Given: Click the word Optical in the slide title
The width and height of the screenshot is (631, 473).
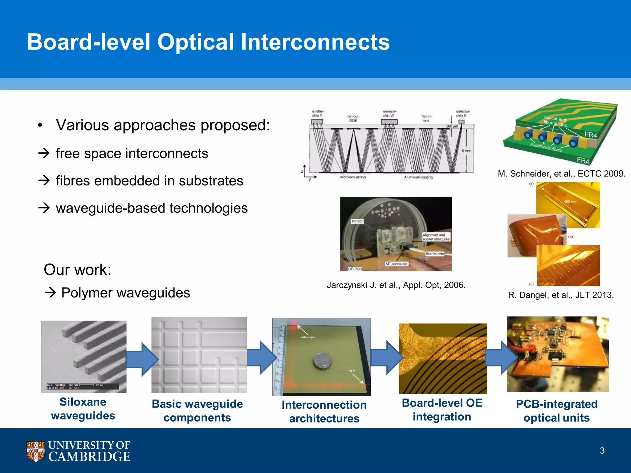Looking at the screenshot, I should pos(196,42).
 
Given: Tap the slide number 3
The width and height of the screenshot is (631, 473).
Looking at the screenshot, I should pos(602,451).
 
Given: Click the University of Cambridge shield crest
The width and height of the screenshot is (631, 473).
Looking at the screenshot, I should pos(35,451).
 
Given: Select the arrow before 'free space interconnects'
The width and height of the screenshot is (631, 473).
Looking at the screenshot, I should pos(44,153).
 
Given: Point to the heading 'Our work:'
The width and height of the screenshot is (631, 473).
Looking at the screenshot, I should pos(77,269).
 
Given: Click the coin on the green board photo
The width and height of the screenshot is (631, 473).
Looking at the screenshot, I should pos(322,361).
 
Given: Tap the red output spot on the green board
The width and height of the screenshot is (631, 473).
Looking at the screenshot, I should pos(293,323).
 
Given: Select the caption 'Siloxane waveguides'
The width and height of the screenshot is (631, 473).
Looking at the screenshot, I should pos(83,409).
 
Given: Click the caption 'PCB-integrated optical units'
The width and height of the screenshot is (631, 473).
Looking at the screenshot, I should pos(556,411).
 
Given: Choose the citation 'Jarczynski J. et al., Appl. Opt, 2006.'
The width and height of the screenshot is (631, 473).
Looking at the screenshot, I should pos(396,285).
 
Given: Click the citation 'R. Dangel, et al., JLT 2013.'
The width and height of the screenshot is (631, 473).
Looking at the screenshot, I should pos(561,295).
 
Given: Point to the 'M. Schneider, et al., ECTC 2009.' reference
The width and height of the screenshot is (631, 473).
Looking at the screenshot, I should pos(561,174).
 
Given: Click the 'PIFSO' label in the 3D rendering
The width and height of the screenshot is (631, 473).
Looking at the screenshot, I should pos(357,221).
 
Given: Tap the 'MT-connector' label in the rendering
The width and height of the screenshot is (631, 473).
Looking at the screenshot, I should pos(397,264).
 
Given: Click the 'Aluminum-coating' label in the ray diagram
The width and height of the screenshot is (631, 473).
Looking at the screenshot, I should pos(418,177).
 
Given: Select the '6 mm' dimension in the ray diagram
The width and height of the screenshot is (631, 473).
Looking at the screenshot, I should pos(466,151).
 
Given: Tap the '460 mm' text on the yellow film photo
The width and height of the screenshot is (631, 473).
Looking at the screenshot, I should pos(570,202).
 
